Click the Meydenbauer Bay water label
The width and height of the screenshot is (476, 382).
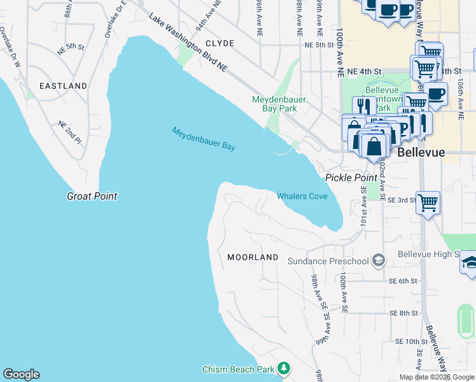(204, 139)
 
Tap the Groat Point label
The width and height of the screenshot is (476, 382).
(92, 196)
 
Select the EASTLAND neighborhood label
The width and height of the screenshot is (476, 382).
(63, 85)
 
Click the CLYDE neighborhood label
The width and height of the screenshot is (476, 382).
(220, 43)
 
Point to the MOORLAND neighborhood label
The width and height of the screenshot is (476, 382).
(253, 257)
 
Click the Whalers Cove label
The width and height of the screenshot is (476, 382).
(302, 196)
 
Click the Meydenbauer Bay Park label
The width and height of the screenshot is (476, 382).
(274, 104)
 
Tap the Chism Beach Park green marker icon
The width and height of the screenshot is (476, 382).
(284, 369)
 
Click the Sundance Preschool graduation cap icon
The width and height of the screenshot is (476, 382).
(379, 260)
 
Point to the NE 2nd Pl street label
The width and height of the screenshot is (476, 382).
(70, 132)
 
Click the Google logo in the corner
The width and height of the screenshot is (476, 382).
(21, 374)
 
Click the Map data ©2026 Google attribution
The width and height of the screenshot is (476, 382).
(437, 377)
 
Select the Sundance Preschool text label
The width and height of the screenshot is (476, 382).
(328, 261)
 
